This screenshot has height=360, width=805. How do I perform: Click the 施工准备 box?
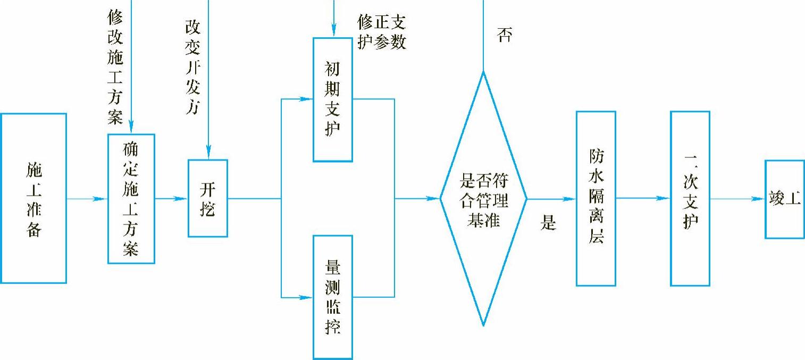coord(33,198)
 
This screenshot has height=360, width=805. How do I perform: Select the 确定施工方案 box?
coord(131,198)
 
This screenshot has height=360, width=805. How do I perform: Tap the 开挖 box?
coord(207,198)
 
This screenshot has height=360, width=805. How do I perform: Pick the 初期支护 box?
coord(333,99)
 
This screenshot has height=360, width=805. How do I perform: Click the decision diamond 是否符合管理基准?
coord(483,198)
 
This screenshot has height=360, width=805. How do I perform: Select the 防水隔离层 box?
coord(596,198)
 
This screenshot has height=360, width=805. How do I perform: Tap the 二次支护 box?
coord(690,198)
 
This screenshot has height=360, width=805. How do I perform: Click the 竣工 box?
coord(785,199)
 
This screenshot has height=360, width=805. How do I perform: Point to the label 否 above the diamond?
coord(504,36)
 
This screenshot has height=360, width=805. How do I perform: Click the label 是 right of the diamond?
coord(548,222)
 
